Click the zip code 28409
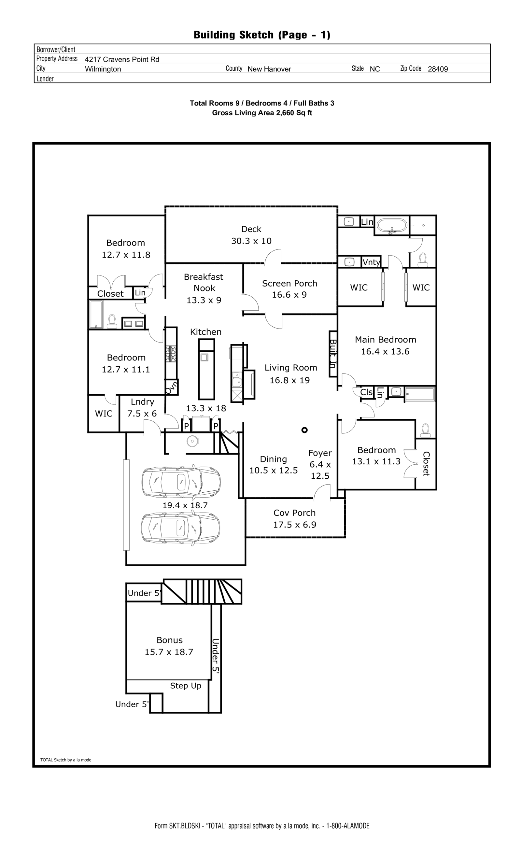437,69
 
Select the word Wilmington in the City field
103,69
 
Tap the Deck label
251,229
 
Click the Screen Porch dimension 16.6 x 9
289,295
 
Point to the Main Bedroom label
385,340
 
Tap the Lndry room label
142,402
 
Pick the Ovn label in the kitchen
171,387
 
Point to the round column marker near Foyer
304,430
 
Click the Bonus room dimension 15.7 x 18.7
169,652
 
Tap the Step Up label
186,686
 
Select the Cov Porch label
294,513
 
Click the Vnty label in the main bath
371,262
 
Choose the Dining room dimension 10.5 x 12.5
274,471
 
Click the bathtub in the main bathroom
392,226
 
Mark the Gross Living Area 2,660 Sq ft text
262,113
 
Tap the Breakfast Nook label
204,282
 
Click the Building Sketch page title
262,35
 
